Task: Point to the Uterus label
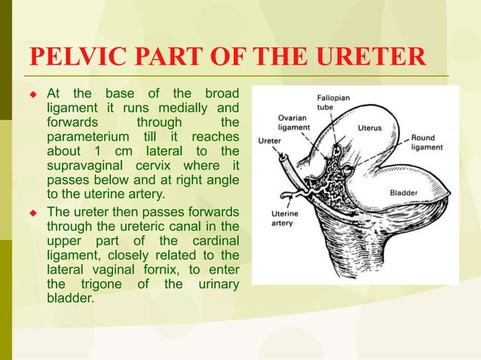click(x=370, y=127)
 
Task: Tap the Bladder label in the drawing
click(x=403, y=193)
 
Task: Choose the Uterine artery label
click(x=285, y=218)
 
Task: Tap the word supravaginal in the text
click(x=86, y=166)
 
